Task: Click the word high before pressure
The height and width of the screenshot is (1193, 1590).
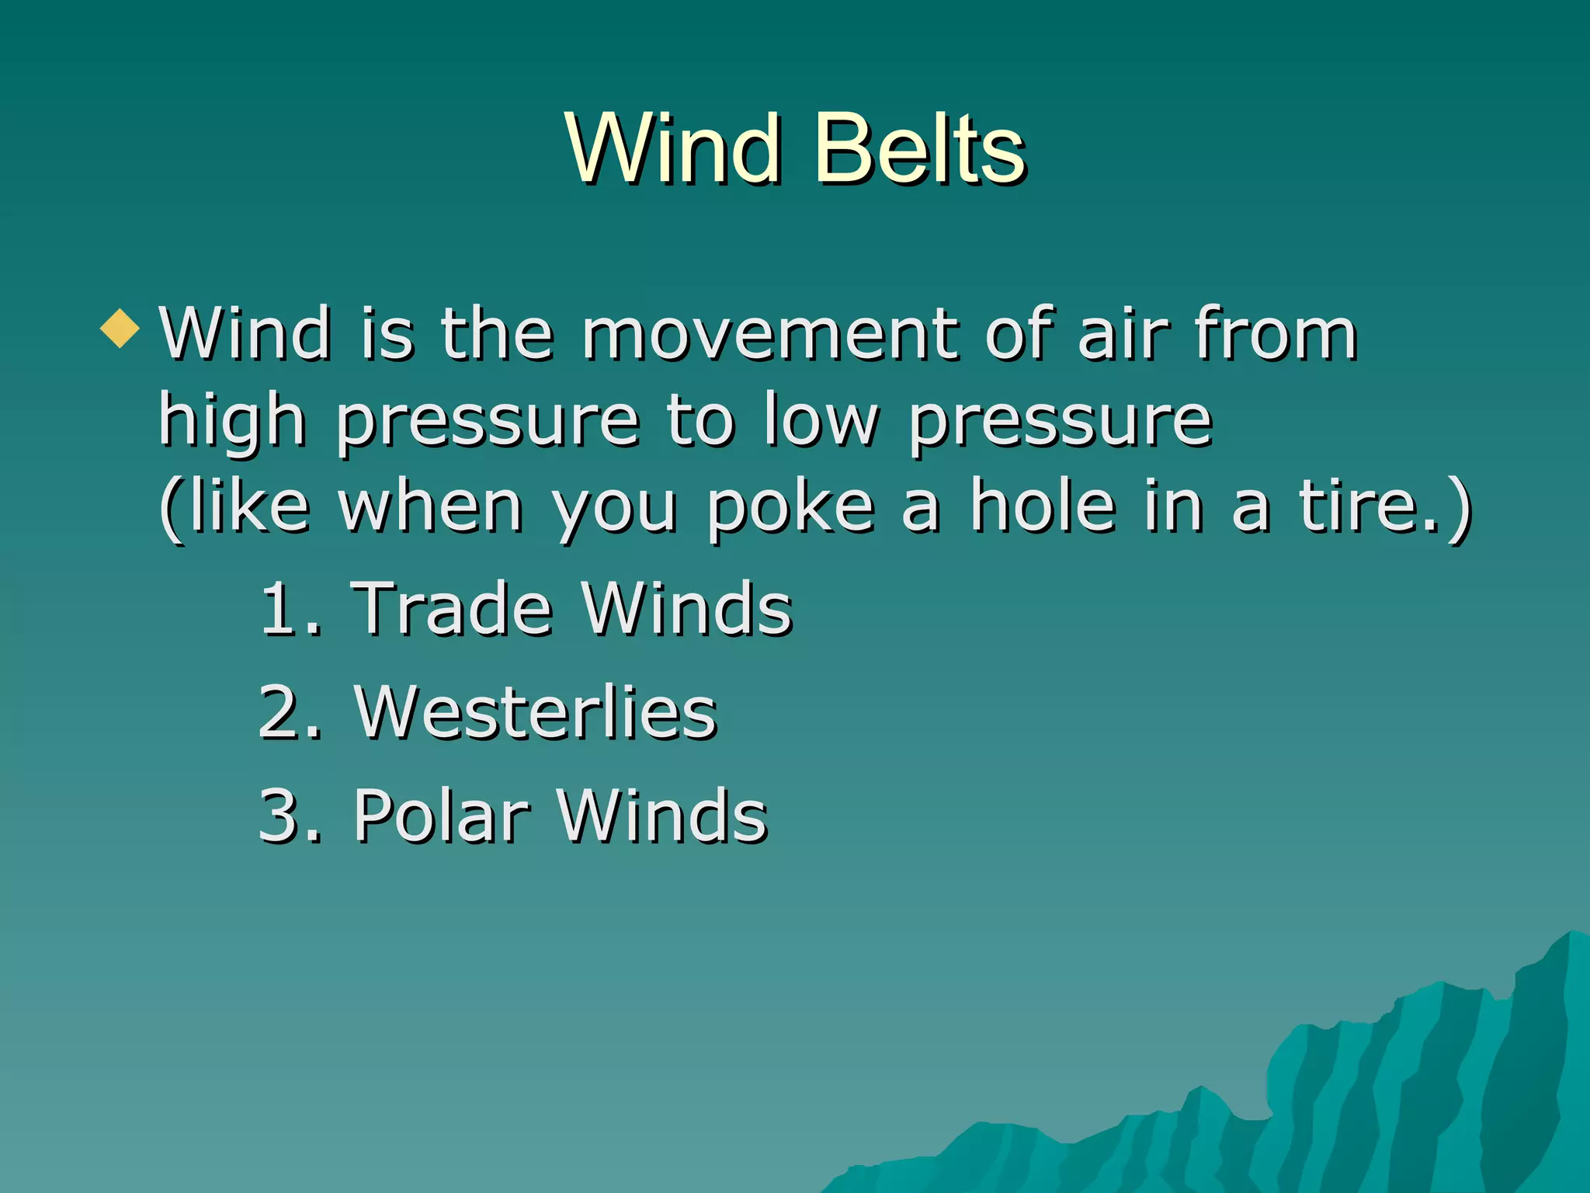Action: click(x=231, y=421)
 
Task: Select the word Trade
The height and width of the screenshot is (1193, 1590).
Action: click(x=452, y=609)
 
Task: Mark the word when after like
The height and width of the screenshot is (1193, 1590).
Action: click(x=431, y=508)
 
